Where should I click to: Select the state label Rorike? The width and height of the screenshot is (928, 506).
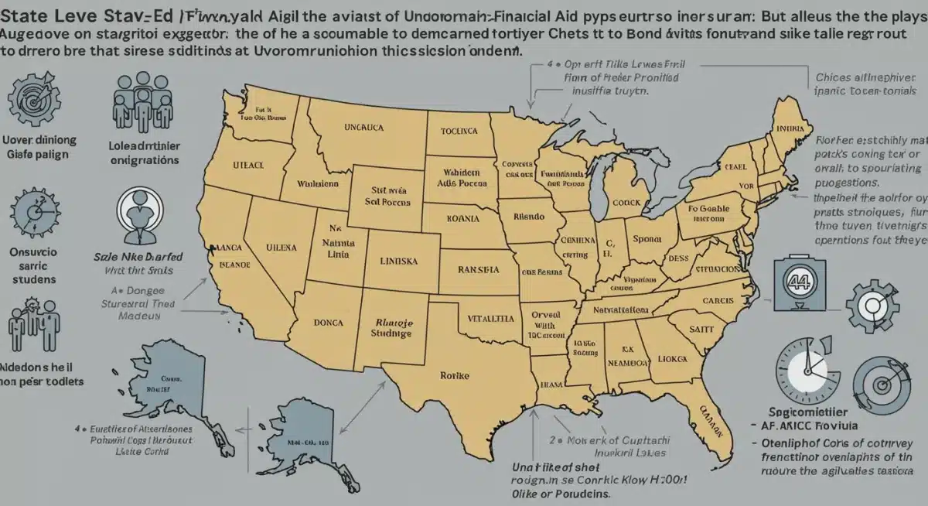click(455, 374)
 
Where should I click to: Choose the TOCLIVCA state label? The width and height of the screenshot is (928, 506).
click(460, 132)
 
